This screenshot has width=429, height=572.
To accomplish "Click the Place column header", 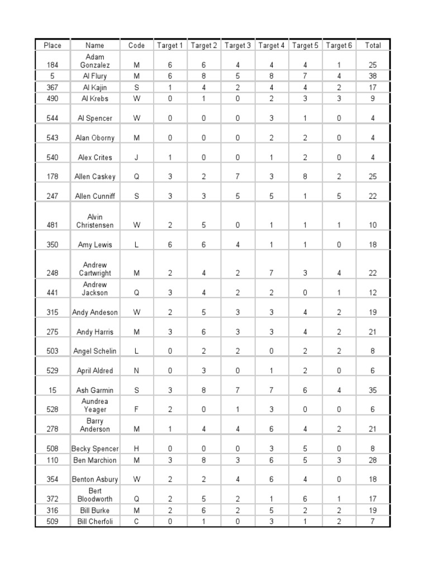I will (52, 45).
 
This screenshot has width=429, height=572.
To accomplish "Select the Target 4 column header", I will (271, 45).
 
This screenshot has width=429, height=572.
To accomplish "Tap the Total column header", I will (373, 45).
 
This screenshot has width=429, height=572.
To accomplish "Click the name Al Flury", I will (94, 76).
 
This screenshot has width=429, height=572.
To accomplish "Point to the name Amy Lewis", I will (94, 245).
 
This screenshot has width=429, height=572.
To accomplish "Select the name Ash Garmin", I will (94, 390).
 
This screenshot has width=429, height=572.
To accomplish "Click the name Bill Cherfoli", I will (94, 521).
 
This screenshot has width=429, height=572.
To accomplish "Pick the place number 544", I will (52, 118).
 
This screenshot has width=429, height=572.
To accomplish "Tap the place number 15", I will (52, 390).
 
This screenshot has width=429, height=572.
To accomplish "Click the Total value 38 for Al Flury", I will (373, 76).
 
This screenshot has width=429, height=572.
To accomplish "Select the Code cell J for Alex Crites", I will (137, 158).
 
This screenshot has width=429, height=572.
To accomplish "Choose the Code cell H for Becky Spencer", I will (137, 449).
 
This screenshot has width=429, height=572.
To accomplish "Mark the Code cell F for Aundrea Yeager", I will (137, 409).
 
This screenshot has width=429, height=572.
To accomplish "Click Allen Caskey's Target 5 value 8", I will (305, 177).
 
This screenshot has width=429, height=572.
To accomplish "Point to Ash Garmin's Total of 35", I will (373, 390).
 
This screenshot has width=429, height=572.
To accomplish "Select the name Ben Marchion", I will (94, 460).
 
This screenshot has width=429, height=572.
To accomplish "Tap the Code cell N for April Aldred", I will (137, 370).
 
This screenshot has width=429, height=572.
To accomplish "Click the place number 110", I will (52, 460).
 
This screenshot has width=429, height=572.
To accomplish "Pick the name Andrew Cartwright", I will (94, 269).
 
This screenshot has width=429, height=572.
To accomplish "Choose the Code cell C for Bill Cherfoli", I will (137, 521).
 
